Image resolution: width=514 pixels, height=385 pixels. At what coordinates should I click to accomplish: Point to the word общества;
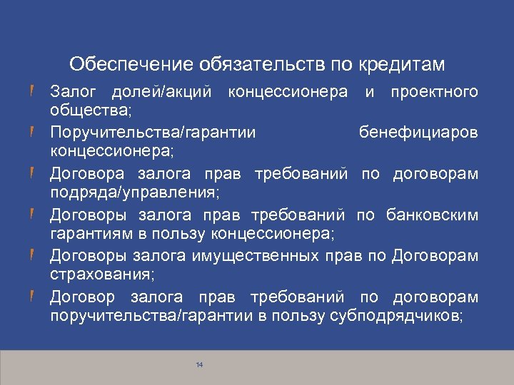[x=84, y=111]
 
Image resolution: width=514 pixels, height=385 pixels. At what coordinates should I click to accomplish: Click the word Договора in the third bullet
[x=86, y=175]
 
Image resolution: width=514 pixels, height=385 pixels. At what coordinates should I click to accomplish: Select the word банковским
[x=432, y=215]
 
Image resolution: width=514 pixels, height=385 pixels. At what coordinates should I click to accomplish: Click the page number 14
[x=199, y=365]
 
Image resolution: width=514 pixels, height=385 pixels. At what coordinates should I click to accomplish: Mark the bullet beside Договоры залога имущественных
[x=34, y=255]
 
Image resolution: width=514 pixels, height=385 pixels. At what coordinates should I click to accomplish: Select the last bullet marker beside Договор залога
[x=34, y=296]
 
